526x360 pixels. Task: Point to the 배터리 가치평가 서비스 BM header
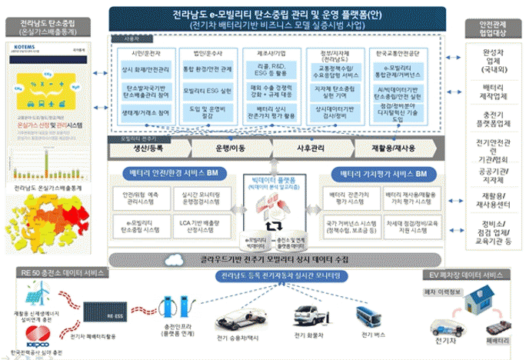(x=382, y=172)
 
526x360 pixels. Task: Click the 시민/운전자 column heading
(x=145, y=52)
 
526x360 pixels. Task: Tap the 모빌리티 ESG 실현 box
(x=205, y=91)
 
